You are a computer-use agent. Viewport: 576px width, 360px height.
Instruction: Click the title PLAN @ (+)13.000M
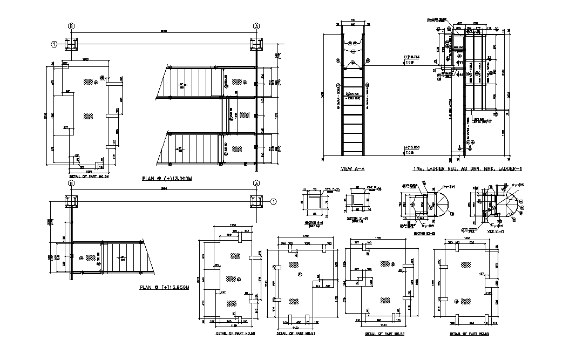(167, 178)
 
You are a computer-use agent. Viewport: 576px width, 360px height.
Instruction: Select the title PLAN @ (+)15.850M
(165, 288)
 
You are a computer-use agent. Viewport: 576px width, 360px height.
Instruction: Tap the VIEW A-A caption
(353, 169)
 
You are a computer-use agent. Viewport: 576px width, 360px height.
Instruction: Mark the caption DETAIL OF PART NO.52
(385, 334)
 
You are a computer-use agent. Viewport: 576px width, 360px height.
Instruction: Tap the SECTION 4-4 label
(314, 222)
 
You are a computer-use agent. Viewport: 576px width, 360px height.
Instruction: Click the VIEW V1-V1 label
(496, 230)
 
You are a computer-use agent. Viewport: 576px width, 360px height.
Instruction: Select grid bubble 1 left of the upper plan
(54, 44)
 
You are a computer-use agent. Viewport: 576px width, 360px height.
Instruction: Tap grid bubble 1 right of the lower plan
(274, 201)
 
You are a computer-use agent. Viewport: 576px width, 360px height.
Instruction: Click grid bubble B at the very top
(70, 25)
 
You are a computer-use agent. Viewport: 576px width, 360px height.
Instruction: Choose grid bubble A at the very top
(256, 25)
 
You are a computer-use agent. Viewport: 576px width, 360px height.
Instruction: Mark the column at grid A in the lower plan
(256, 202)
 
